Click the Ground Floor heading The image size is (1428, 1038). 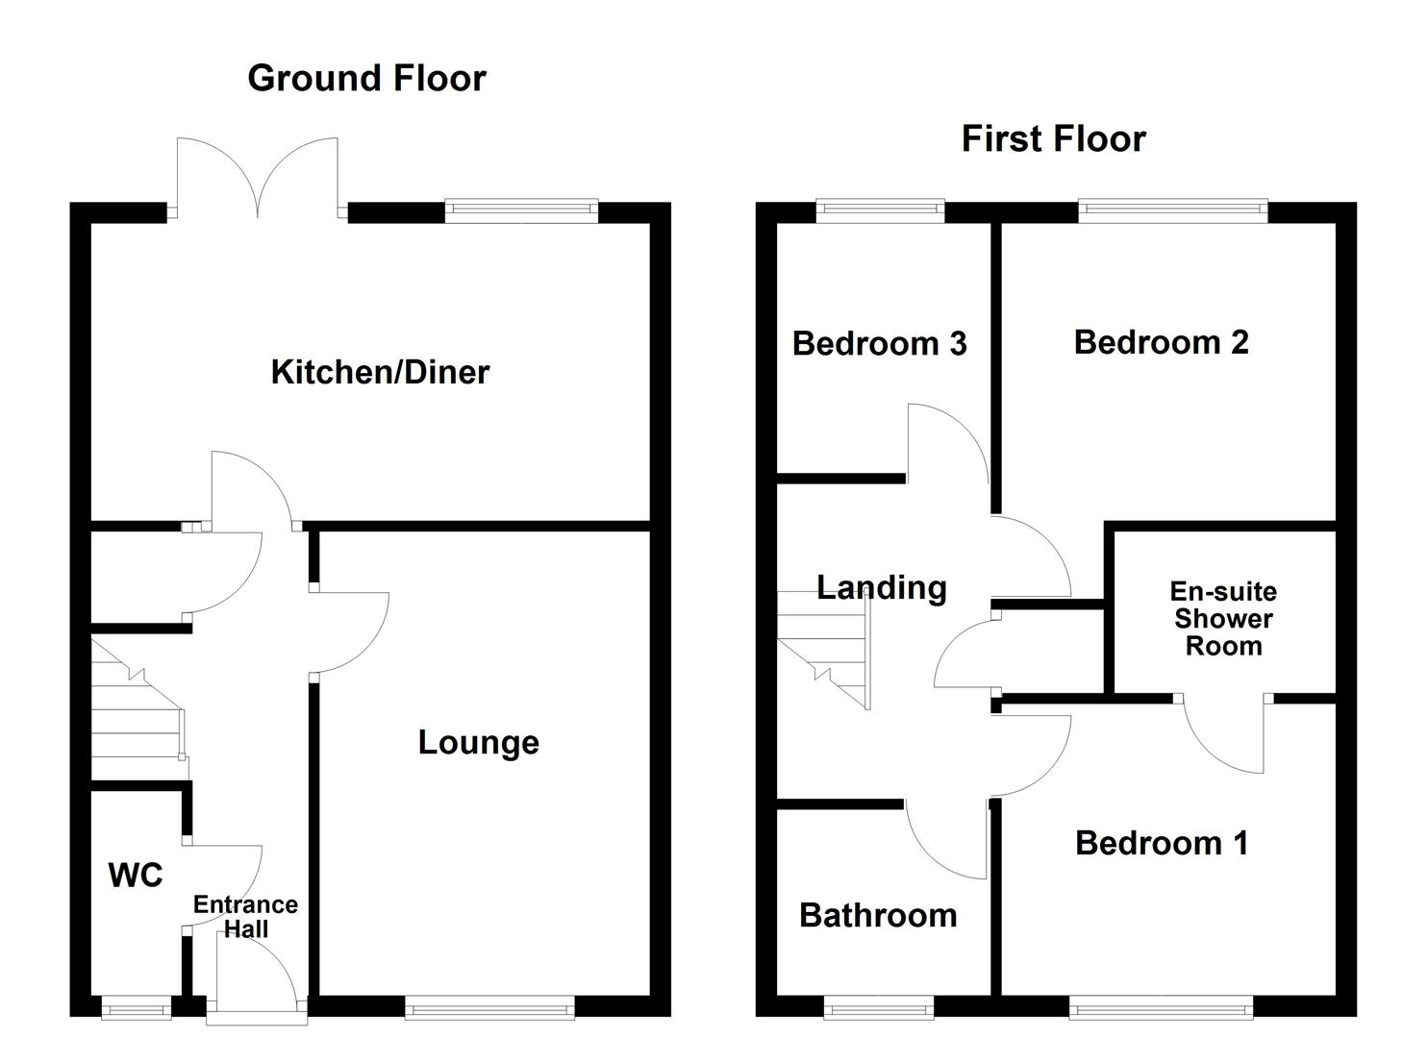pyautogui.click(x=366, y=78)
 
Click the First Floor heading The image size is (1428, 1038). pyautogui.click(x=1053, y=139)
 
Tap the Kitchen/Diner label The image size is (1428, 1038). pyautogui.click(x=380, y=372)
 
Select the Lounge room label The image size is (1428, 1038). pyautogui.click(x=478, y=742)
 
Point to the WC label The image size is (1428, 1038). pyautogui.click(x=136, y=875)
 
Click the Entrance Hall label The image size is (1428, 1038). pyautogui.click(x=245, y=916)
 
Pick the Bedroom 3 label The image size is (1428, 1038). pyautogui.click(x=879, y=343)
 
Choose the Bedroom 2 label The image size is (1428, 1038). pyautogui.click(x=1161, y=342)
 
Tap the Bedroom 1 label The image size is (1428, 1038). pyautogui.click(x=1161, y=843)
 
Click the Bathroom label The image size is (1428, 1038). pyautogui.click(x=878, y=915)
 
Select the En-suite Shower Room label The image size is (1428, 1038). pyautogui.click(x=1223, y=618)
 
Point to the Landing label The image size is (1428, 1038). pyautogui.click(x=881, y=587)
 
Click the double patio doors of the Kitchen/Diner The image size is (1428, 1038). pyautogui.click(x=258, y=178)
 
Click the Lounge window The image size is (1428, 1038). pyautogui.click(x=489, y=1006)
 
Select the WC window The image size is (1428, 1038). pyautogui.click(x=136, y=1008)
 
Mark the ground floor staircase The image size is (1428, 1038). pyautogui.click(x=138, y=711)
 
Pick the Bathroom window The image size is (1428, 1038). pyautogui.click(x=878, y=1007)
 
